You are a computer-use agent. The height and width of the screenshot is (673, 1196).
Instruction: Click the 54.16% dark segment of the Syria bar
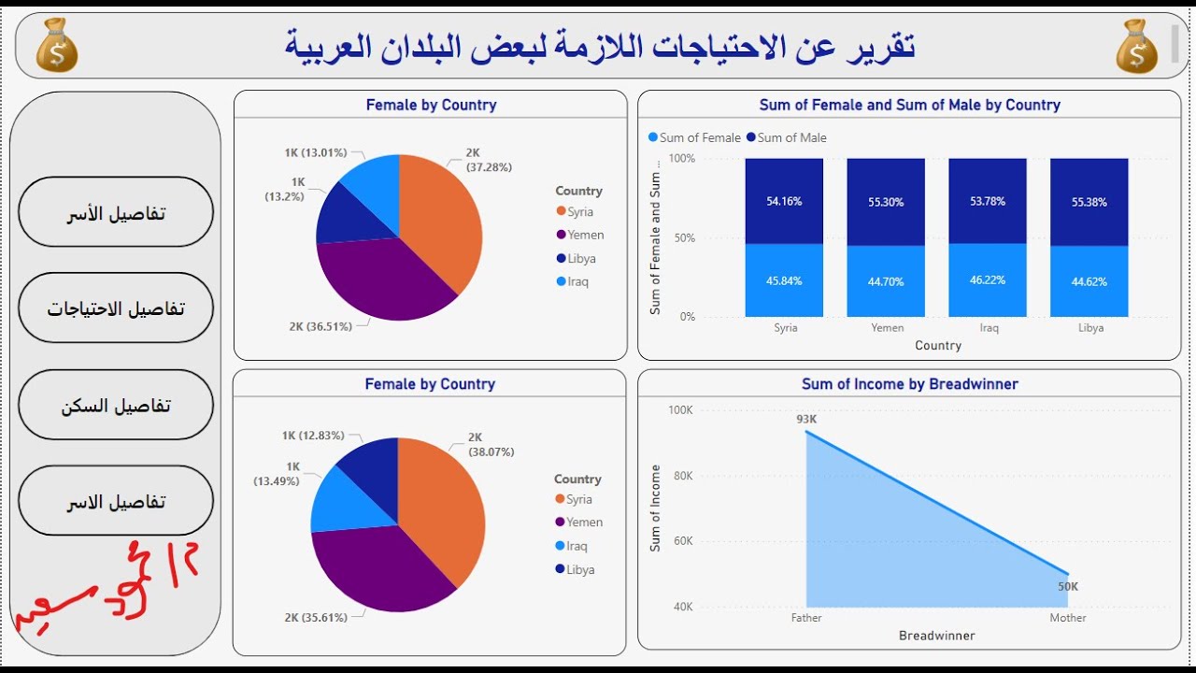785,201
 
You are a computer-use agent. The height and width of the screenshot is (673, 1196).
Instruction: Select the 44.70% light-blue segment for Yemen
887,281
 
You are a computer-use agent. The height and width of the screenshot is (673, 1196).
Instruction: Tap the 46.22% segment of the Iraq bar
988,280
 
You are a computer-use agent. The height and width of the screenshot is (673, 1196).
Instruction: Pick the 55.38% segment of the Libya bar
1089,202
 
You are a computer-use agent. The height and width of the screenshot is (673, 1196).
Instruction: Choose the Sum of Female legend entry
694,137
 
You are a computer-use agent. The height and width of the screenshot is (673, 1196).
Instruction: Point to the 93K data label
806,420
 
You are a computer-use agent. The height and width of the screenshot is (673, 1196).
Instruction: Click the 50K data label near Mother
1067,586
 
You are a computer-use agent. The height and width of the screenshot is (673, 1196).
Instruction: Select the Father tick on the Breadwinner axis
806,618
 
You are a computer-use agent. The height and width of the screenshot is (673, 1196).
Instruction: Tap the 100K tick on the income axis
679,410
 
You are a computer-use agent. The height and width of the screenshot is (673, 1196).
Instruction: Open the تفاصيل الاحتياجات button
116,308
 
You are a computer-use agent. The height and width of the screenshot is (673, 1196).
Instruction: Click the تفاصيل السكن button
116,406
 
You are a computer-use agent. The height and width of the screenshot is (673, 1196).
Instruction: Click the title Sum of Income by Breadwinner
909,384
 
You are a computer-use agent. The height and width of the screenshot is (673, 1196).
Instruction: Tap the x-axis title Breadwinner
936,636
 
